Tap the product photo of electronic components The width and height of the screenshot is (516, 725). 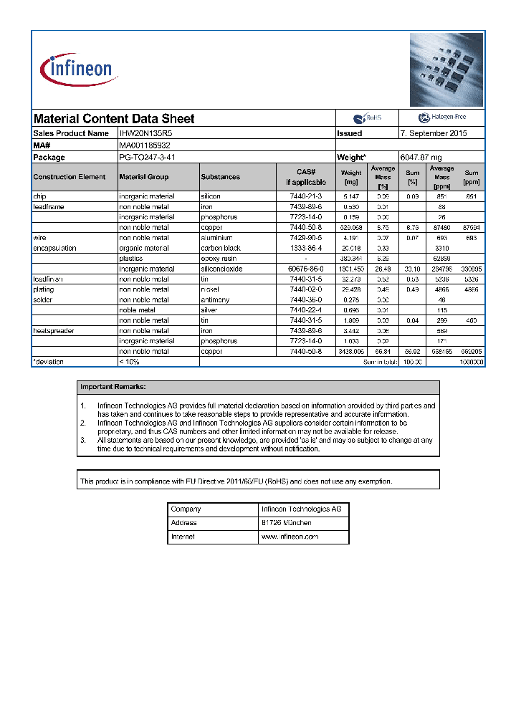(x=446, y=69)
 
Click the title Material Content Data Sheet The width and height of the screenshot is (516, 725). (x=114, y=119)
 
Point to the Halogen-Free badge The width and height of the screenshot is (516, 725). (x=441, y=118)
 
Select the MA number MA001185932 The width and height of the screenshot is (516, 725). (x=145, y=145)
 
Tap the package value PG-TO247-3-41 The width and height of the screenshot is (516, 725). (x=147, y=157)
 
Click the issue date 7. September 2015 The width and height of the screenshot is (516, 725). (x=434, y=133)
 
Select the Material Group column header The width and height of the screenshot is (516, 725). (x=144, y=177)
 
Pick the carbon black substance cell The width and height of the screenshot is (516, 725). (x=221, y=248)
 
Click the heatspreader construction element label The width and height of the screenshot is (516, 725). (x=54, y=331)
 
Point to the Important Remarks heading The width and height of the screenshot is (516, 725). (x=113, y=387)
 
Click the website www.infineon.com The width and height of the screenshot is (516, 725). (x=290, y=537)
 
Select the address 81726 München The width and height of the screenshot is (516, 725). (x=286, y=523)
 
